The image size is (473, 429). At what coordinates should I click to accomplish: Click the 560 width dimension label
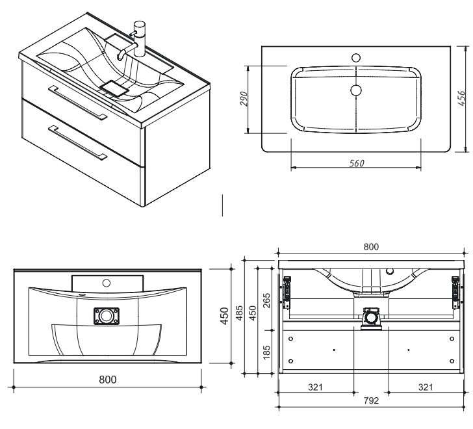[x=356, y=163]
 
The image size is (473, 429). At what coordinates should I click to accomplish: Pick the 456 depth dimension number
[x=462, y=99]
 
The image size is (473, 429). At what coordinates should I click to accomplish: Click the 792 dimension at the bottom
[x=371, y=400]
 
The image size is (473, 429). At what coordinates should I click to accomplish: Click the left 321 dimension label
[x=315, y=387]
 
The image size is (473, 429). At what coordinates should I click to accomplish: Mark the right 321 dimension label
[x=426, y=387]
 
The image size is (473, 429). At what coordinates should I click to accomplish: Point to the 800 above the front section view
[x=371, y=247]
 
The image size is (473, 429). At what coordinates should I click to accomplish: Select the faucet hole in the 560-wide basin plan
[x=355, y=58]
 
